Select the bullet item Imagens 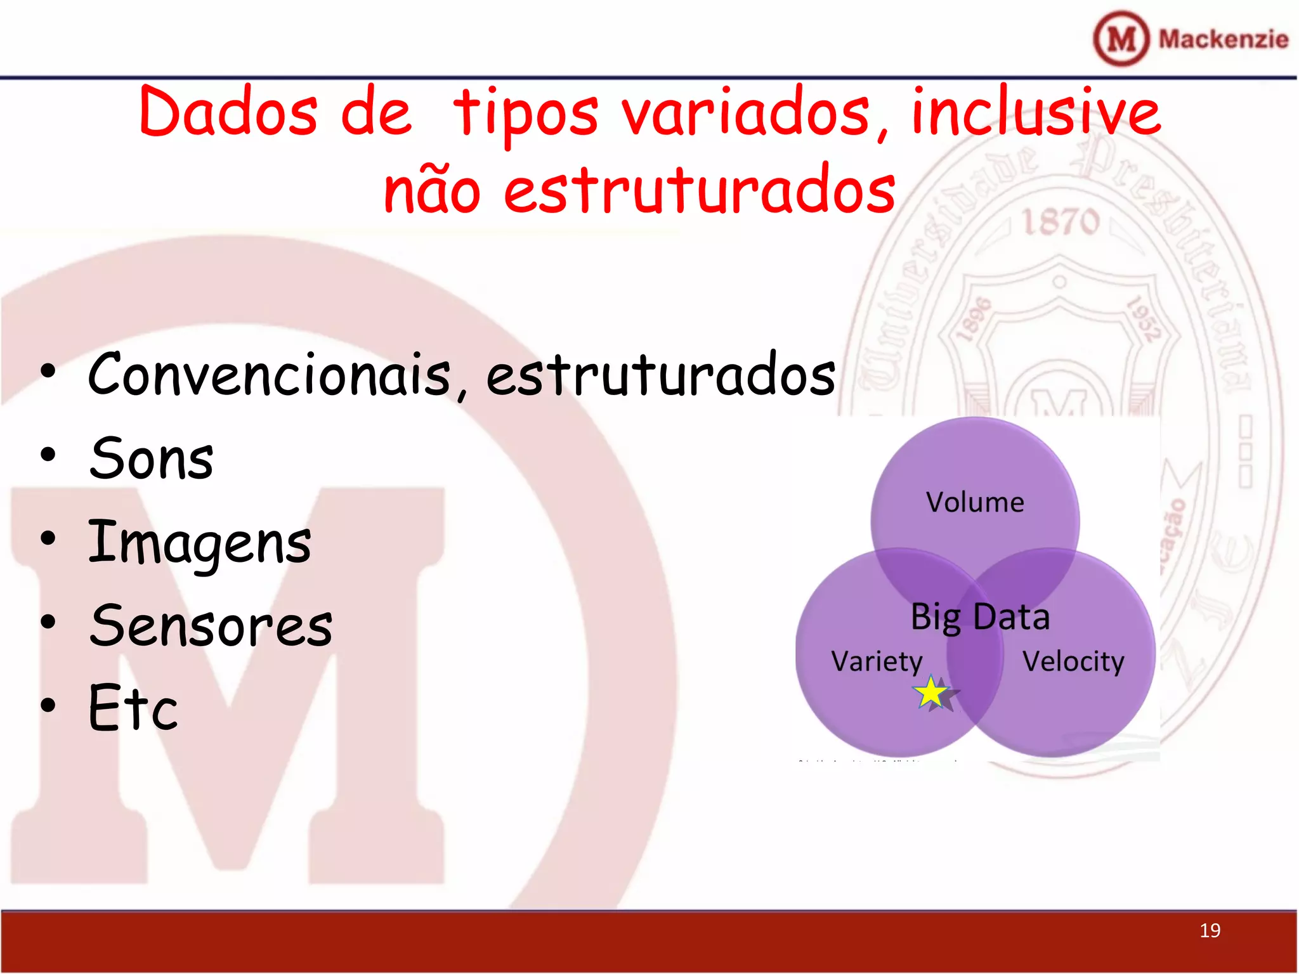[200, 543]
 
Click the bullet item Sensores [211, 626]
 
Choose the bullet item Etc [133, 708]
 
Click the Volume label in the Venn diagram [975, 502]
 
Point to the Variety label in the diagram [877, 662]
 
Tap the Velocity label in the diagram [1073, 662]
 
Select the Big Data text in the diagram [980, 616]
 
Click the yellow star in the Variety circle [931, 692]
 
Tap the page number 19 [1210, 930]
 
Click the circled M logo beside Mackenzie [1121, 39]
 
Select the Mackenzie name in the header [1223, 39]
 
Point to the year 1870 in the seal [1060, 222]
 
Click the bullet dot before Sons [48, 455]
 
